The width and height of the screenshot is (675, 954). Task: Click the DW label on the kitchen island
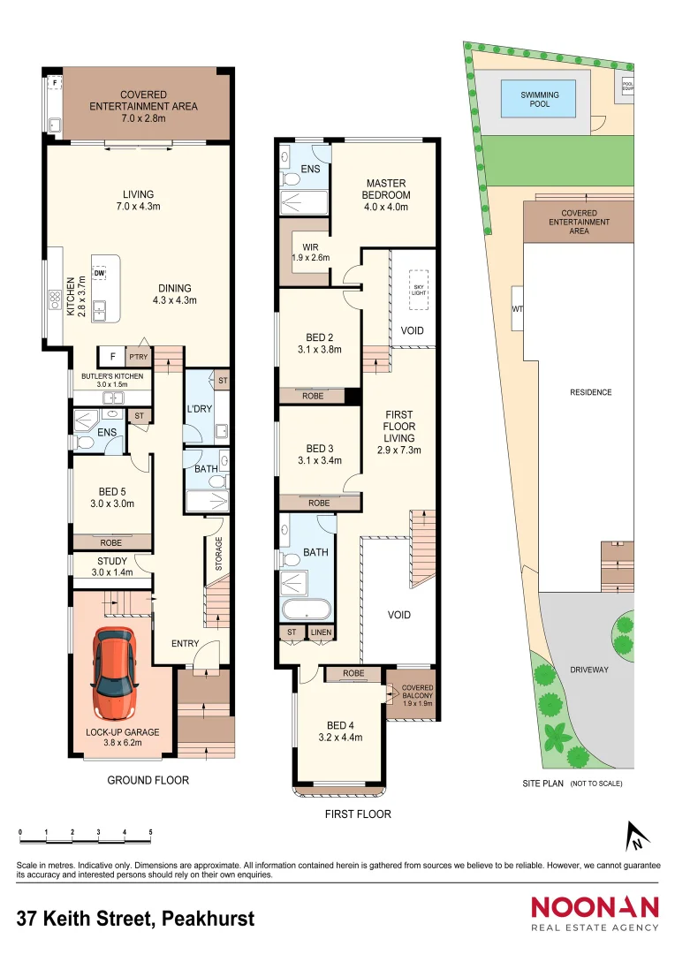(x=100, y=273)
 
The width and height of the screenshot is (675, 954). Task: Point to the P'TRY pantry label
(x=139, y=356)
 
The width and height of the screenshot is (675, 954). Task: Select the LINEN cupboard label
(x=320, y=632)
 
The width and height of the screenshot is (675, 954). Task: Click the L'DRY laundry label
(x=199, y=409)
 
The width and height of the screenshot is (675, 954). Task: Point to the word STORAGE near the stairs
(x=219, y=553)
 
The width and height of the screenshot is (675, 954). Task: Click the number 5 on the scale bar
(x=151, y=832)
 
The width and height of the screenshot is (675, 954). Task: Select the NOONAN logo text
(x=595, y=907)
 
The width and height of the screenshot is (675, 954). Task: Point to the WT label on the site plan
(x=518, y=310)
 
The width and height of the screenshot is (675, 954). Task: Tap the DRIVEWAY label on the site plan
(x=589, y=670)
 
